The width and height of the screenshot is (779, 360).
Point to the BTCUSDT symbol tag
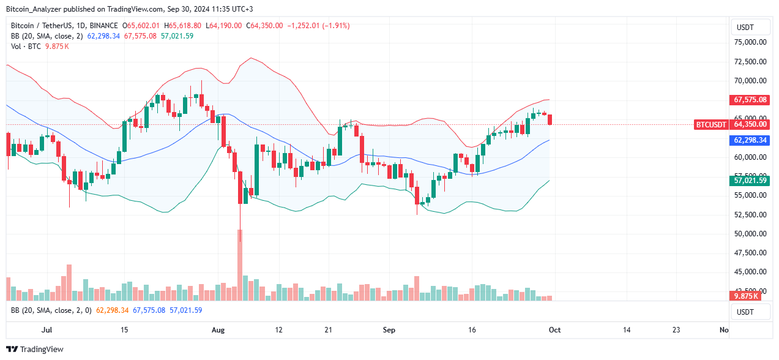tap(711, 124)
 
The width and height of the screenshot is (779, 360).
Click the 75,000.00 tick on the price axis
tap(750, 42)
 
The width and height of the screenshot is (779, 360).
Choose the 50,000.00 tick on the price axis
tap(750, 234)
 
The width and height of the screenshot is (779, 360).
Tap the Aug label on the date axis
tap(218, 330)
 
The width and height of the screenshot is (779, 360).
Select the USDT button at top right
tap(751, 28)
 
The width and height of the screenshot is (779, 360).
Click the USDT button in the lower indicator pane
tap(751, 312)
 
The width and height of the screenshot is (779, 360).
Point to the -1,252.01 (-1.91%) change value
tap(319, 26)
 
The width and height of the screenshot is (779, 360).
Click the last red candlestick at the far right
tap(550, 119)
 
